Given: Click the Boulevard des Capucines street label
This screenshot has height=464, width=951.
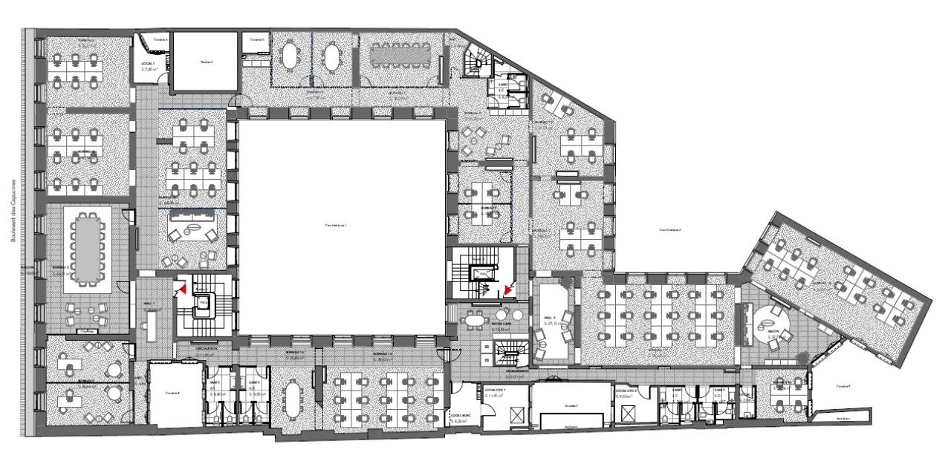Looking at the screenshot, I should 13,209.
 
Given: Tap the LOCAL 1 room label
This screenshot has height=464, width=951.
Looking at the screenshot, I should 149,65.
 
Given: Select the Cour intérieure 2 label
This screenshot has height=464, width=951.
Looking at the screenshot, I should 669,230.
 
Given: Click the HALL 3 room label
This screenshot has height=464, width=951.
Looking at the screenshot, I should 551,317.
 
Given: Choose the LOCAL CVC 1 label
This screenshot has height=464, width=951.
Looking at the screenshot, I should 495,390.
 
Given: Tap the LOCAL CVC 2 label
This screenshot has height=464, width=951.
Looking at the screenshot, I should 626,390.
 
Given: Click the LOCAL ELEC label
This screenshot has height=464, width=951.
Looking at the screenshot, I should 459,416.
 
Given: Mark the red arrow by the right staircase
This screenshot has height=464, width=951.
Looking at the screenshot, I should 507,289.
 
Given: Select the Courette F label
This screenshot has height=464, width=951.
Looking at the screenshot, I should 842,386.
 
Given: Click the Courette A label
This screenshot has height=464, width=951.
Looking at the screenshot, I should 161,38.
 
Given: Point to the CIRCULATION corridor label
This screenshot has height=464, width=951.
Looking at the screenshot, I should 207,348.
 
